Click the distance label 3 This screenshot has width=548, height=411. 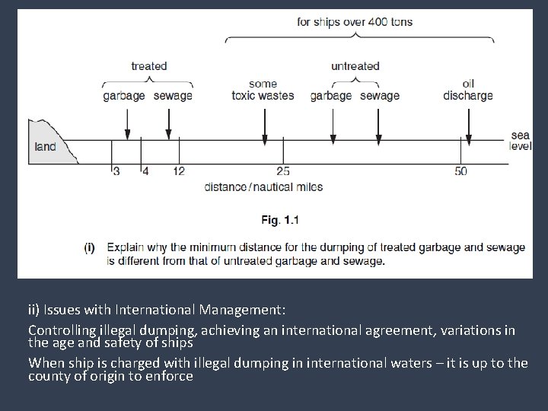116,171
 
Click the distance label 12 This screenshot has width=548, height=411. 178,171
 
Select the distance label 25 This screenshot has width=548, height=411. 283,171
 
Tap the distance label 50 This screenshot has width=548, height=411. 461,171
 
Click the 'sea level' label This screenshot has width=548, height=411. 521,141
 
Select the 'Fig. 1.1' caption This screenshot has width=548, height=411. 280,220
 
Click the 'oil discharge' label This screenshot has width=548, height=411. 468,90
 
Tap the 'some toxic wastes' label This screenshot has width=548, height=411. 263,90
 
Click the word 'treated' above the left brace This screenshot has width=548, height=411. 148,66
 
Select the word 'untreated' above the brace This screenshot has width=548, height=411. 355,66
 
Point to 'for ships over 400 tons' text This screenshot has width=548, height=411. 355,22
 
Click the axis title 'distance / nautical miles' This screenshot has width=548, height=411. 264,187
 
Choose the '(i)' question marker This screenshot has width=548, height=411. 89,247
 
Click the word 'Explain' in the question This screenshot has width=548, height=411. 125,247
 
